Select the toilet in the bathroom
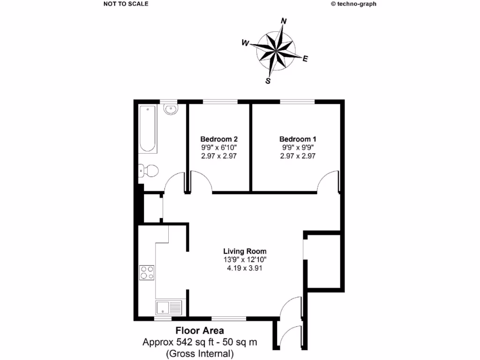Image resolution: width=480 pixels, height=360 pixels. [147, 170]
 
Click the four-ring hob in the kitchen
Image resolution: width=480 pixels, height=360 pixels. [147, 272]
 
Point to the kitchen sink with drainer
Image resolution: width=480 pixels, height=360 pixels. [169, 308]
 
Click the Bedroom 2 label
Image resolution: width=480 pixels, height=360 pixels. [219, 139]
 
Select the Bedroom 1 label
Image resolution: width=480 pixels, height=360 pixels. [298, 139]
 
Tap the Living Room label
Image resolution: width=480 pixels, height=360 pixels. [244, 252]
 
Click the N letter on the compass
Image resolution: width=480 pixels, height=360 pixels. [284, 21]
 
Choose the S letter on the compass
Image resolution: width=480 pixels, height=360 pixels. [268, 81]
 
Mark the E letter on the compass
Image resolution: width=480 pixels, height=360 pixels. [305, 59]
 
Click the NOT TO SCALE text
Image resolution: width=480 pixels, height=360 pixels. [126, 4]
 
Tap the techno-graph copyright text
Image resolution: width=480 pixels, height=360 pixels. [353, 4]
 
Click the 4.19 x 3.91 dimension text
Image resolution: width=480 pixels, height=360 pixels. [244, 268]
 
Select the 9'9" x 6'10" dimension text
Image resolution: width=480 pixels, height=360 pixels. [219, 147]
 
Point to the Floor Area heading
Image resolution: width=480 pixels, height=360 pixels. [200, 330]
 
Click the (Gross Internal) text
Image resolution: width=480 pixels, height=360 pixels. [200, 353]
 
